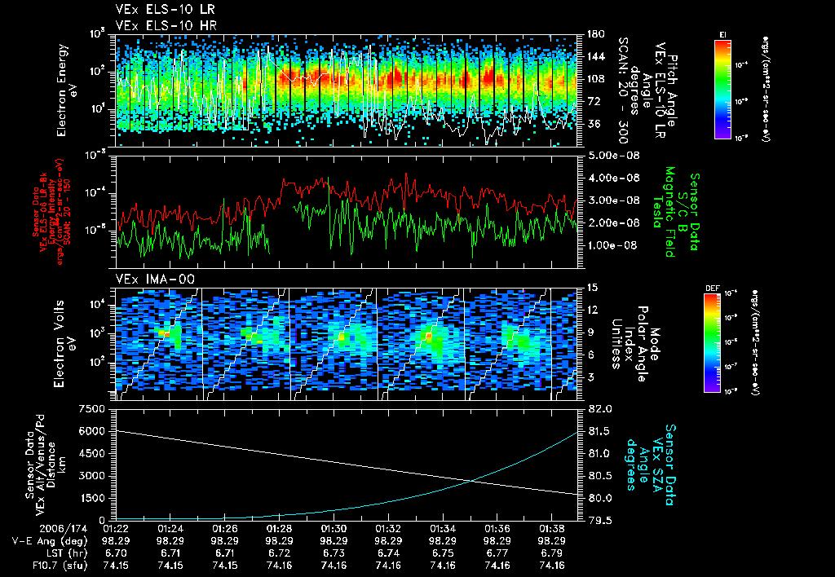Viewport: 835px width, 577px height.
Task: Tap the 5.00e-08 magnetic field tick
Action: coord(607,155)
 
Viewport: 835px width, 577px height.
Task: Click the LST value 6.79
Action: coord(553,553)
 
